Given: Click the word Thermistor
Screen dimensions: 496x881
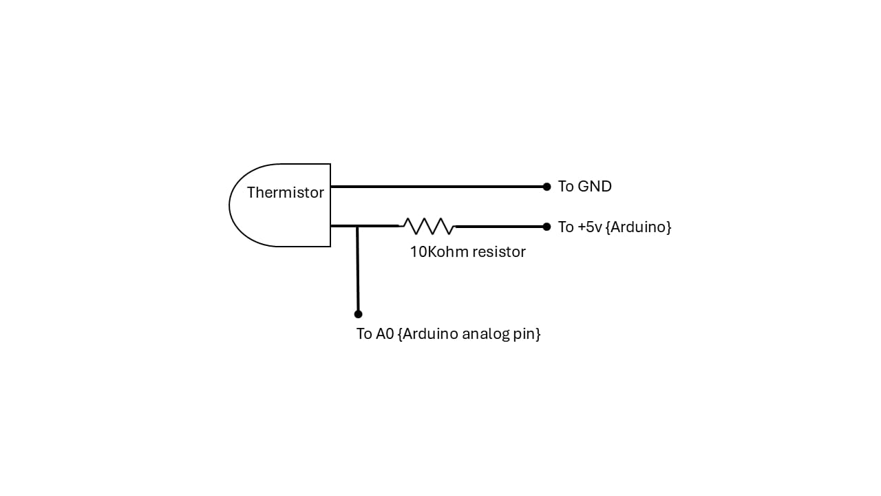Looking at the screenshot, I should (x=285, y=193).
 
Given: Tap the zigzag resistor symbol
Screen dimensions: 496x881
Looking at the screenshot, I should (x=427, y=226).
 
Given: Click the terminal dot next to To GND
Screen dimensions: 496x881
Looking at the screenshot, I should (x=546, y=187).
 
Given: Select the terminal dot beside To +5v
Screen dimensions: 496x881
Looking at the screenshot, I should (x=546, y=227).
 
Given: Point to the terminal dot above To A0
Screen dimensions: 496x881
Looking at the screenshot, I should (x=358, y=314).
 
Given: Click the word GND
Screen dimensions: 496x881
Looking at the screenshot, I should (x=595, y=187).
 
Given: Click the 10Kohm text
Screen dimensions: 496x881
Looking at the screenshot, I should (x=436, y=252).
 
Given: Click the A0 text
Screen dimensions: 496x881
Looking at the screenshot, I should (x=384, y=334).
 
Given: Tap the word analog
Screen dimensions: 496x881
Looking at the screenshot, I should (x=485, y=334).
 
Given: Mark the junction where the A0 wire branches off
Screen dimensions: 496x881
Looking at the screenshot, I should (x=357, y=226).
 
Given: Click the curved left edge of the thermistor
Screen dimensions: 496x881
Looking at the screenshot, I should (x=231, y=205).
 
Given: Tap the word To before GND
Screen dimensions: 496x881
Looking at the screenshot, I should (x=566, y=187).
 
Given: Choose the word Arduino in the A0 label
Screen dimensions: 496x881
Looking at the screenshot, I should (x=429, y=334).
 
